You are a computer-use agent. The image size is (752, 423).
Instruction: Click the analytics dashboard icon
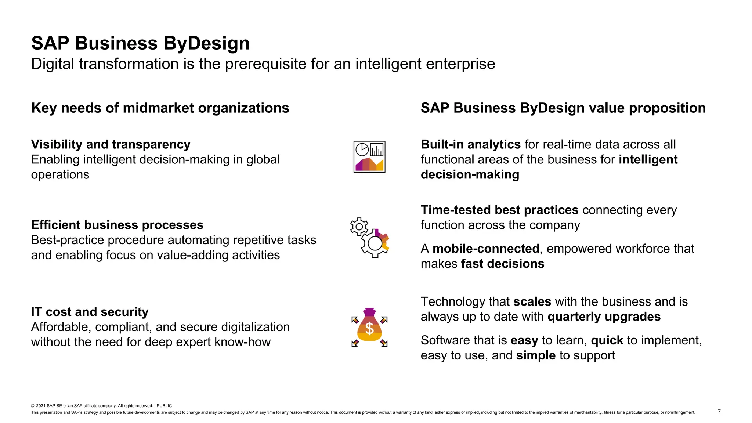coord(369,157)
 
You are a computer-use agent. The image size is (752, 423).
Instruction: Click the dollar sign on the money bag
coord(370,329)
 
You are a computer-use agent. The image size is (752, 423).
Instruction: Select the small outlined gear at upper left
coord(359,227)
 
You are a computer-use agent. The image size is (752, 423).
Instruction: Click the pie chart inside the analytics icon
coord(362,149)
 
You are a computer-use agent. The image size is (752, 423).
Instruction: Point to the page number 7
coord(719,412)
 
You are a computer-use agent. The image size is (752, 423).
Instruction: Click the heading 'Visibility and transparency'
coord(111,144)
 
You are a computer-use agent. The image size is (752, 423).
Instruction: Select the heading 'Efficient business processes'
coord(117,225)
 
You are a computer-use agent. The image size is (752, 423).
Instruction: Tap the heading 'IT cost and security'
coord(90,312)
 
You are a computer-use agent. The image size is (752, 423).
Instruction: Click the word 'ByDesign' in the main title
coord(206,43)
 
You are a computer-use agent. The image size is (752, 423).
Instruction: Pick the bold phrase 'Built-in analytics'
coord(470,144)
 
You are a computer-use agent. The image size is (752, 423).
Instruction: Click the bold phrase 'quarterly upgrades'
coord(604,317)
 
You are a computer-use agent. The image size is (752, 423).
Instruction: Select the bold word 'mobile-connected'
coord(486,249)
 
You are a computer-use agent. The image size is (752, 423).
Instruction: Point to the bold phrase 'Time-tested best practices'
coord(499,210)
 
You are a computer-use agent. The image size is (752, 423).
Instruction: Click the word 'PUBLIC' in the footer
coord(164,406)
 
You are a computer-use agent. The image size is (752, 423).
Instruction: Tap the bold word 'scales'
coord(532,301)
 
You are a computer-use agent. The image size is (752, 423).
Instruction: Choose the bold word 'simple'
coord(536,355)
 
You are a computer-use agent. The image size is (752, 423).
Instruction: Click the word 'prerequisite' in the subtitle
coord(266,64)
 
